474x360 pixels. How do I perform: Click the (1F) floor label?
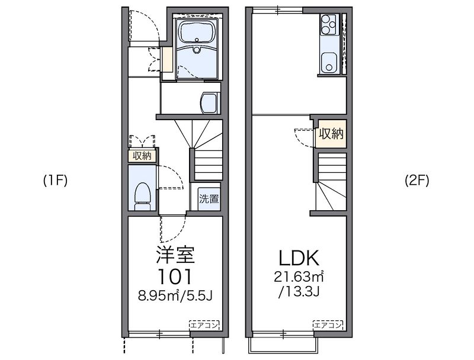point(55,181)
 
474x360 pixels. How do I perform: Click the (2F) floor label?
point(417,181)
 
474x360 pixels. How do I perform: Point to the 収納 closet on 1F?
point(142,156)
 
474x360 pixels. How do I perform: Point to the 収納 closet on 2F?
point(331,133)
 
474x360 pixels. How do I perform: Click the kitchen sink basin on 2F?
point(329,63)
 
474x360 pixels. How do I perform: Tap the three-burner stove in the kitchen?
point(329,24)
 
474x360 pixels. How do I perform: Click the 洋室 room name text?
point(175,255)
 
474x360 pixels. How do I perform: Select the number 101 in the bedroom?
point(175,277)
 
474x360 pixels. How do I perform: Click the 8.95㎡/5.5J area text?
point(175,295)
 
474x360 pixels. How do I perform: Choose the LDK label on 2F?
point(299,258)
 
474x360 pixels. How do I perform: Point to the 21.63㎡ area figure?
point(299,276)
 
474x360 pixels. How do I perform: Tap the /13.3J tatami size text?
point(299,292)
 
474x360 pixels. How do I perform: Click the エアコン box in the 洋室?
point(204,325)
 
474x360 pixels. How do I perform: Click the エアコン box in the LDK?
point(328,325)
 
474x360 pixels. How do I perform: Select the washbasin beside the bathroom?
point(209,102)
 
